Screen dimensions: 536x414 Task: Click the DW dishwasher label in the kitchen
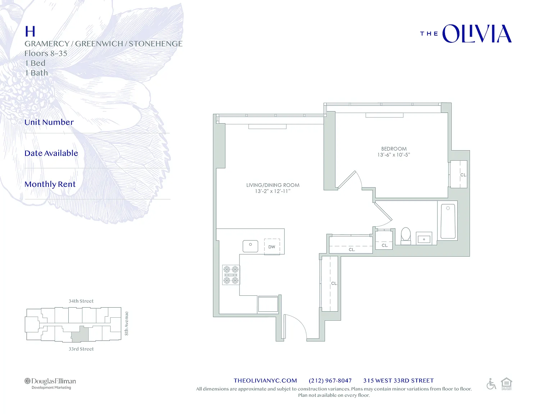click(x=272, y=247)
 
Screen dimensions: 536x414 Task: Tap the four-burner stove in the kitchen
click(x=231, y=275)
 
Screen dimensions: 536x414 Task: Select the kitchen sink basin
click(x=251, y=246)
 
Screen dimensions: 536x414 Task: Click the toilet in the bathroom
click(x=406, y=236)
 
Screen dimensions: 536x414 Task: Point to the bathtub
click(x=448, y=221)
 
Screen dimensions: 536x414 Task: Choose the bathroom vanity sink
click(x=424, y=239)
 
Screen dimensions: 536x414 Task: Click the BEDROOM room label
click(x=394, y=149)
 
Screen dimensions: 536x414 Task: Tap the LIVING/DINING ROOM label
click(x=273, y=185)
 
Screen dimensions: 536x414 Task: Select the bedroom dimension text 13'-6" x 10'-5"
click(x=394, y=155)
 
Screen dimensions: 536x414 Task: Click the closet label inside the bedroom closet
click(x=463, y=175)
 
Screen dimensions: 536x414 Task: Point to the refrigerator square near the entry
click(x=268, y=304)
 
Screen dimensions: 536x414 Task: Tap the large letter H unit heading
click(x=30, y=32)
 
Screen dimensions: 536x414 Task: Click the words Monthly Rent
click(x=50, y=184)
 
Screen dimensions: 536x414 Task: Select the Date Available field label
click(x=51, y=153)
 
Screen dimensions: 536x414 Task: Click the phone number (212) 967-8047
click(x=330, y=381)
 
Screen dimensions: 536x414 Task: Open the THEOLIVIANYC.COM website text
click(x=265, y=381)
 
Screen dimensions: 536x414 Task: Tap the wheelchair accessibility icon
click(x=491, y=384)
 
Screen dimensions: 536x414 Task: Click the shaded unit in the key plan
click(x=80, y=335)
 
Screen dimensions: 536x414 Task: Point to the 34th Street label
click(x=81, y=301)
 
